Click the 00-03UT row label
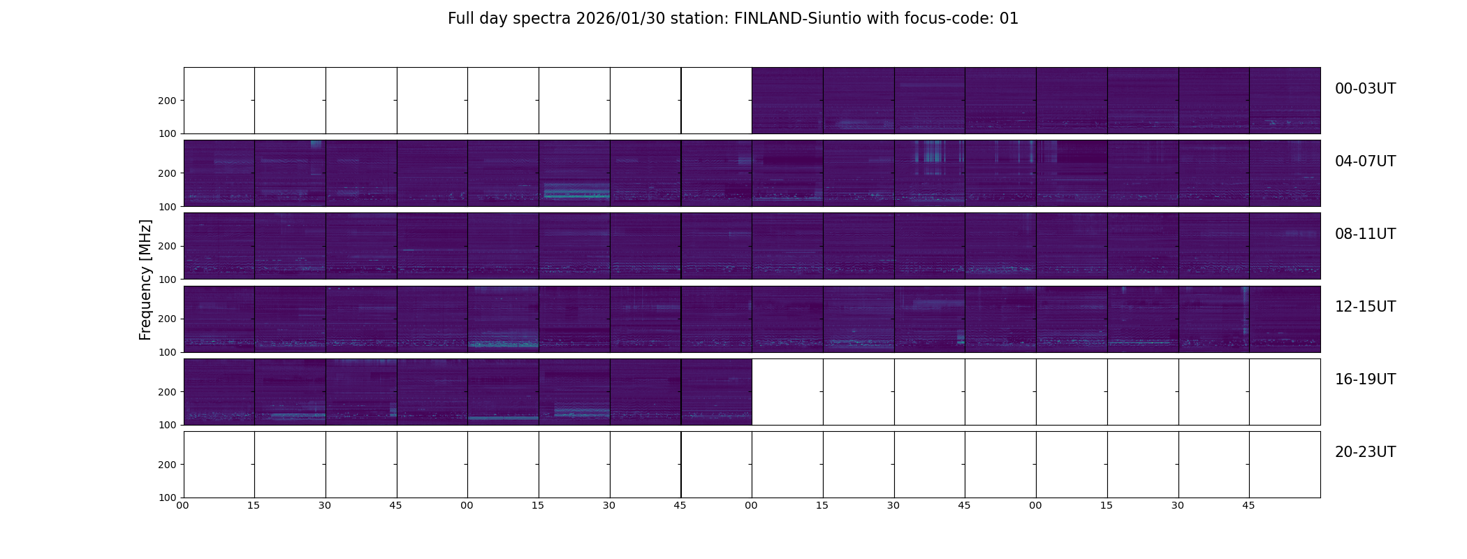pos(1364,89)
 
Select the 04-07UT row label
pos(1364,161)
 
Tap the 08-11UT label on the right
pos(1364,234)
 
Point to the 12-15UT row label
pos(1364,307)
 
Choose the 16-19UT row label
pos(1364,379)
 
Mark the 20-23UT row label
pos(1364,452)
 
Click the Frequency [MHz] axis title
pos(145,279)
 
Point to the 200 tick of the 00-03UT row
pos(168,101)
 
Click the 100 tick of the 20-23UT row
pos(168,498)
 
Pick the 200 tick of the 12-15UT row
pos(168,319)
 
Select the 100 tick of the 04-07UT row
pos(168,206)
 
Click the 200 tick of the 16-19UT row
pos(168,392)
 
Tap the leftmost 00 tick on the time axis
pos(183,505)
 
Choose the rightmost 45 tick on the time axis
pos(1248,505)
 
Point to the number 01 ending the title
pos(1009,19)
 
